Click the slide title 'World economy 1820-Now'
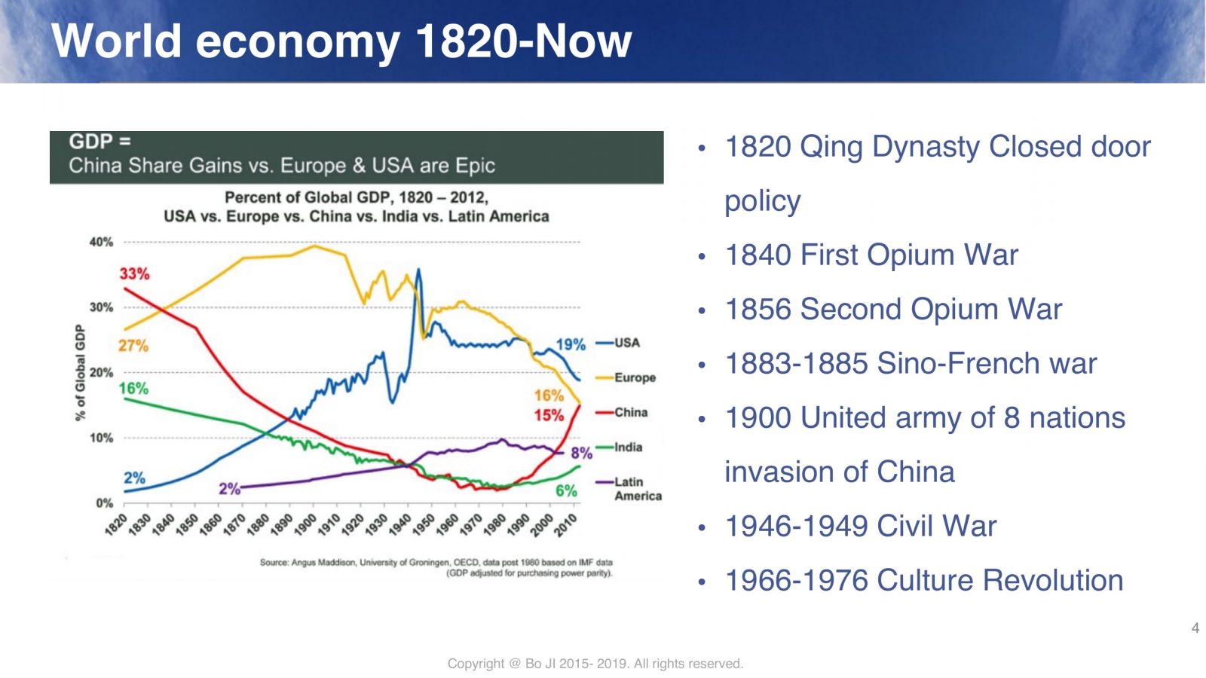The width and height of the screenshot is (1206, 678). (x=341, y=41)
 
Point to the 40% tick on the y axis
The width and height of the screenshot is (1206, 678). (x=101, y=242)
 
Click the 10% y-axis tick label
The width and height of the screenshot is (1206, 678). (x=101, y=438)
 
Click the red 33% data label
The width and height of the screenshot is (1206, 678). (x=134, y=273)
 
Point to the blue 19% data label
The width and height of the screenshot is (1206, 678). (x=571, y=344)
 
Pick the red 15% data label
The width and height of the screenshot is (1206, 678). (x=549, y=415)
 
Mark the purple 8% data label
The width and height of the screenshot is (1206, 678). (x=581, y=453)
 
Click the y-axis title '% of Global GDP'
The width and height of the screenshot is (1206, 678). (x=80, y=372)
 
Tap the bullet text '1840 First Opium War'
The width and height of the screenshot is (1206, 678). (x=871, y=255)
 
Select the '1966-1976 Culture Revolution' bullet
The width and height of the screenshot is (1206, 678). (x=923, y=581)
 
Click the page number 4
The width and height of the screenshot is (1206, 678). (x=1195, y=628)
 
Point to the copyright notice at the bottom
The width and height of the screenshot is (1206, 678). (x=595, y=664)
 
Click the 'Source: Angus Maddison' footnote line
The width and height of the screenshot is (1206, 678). (x=436, y=562)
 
